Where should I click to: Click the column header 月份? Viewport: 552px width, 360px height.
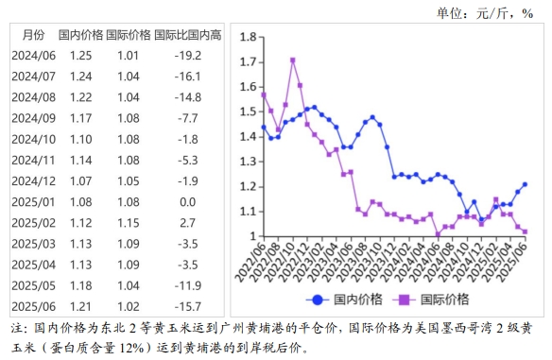(32, 35)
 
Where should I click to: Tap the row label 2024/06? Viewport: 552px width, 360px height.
(33, 56)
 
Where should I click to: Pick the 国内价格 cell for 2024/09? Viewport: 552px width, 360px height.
(80, 118)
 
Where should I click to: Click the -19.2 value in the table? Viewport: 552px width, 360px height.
(187, 56)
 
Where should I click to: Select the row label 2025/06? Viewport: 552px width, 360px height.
(33, 305)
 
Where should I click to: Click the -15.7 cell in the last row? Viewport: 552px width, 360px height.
(187, 305)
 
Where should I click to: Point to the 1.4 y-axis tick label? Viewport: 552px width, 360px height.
(248, 137)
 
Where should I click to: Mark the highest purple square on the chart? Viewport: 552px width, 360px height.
(293, 60)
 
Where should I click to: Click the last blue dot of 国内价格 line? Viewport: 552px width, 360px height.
(525, 184)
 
